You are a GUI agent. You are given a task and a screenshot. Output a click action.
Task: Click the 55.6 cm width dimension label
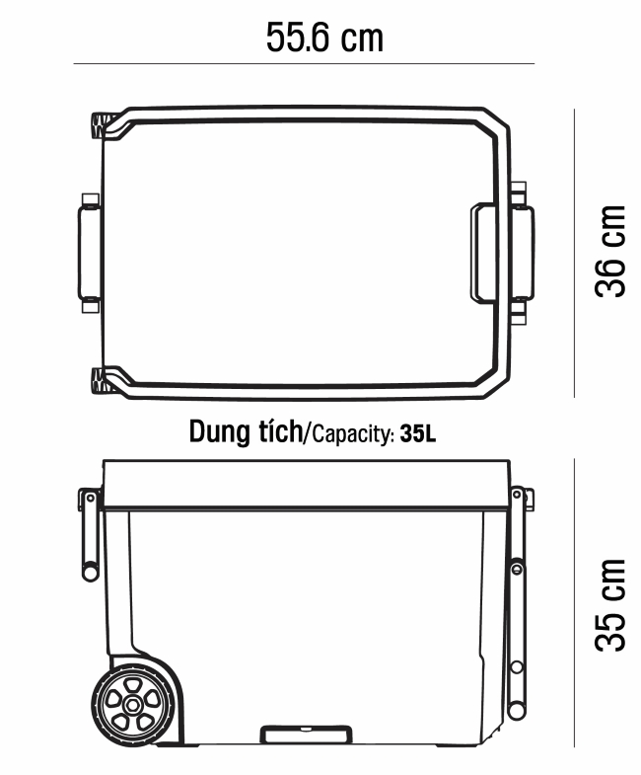pyautogui.click(x=324, y=38)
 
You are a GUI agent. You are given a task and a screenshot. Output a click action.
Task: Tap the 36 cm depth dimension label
pyautogui.click(x=610, y=251)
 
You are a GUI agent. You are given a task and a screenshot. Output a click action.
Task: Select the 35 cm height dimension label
pyautogui.click(x=610, y=605)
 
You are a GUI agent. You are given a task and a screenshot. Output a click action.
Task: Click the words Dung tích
pyautogui.click(x=246, y=431)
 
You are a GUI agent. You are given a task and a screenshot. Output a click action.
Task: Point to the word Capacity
pyautogui.click(x=353, y=434)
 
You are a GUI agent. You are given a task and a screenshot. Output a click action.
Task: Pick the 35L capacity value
pyautogui.click(x=418, y=433)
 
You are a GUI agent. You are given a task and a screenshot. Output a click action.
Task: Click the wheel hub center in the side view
pyautogui.click(x=132, y=705)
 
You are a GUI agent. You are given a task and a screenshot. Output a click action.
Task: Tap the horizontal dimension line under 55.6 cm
pyautogui.click(x=304, y=64)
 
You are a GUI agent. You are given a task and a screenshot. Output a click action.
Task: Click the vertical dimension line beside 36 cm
pyautogui.click(x=574, y=253)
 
